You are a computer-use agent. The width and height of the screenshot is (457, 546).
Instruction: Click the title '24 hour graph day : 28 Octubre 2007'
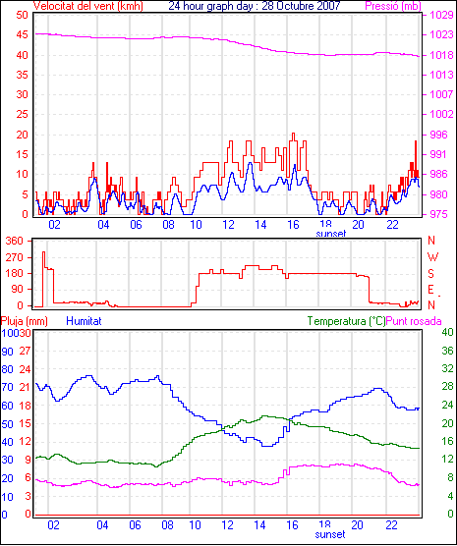255,6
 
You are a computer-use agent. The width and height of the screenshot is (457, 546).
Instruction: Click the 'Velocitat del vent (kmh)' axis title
88,6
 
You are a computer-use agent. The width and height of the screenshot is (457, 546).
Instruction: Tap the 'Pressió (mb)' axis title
393,6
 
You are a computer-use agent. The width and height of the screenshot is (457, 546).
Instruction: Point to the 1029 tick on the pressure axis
441,15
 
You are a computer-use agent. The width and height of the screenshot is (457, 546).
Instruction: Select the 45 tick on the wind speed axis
22,34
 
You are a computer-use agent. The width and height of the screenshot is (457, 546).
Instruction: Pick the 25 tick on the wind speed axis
22,114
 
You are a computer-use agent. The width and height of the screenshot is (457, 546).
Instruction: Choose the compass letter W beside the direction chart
432,257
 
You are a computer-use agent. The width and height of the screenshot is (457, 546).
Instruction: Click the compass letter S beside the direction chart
430,274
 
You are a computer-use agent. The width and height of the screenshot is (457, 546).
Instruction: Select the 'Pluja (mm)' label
24,321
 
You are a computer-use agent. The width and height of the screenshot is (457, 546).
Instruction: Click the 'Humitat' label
84,321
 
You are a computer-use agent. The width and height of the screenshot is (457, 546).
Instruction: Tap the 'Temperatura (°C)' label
347,321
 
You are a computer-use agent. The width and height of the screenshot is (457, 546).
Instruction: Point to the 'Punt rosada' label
414,321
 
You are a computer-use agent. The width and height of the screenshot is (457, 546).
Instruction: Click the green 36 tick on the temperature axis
447,351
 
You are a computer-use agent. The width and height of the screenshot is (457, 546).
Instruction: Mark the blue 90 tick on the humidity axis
7,352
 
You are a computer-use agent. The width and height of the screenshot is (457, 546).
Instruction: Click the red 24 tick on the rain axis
25,369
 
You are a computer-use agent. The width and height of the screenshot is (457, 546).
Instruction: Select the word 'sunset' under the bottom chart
330,534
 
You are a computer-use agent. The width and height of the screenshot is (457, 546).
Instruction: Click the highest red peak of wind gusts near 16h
293,134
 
